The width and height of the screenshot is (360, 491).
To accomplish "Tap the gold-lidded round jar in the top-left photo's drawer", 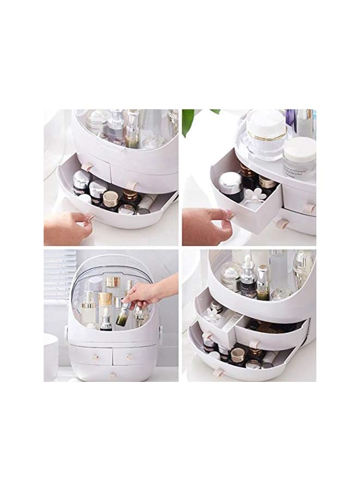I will [111, 199].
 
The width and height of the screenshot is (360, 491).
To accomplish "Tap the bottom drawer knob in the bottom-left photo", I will [112, 375].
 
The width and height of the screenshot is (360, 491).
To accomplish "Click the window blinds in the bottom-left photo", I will [60, 273].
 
